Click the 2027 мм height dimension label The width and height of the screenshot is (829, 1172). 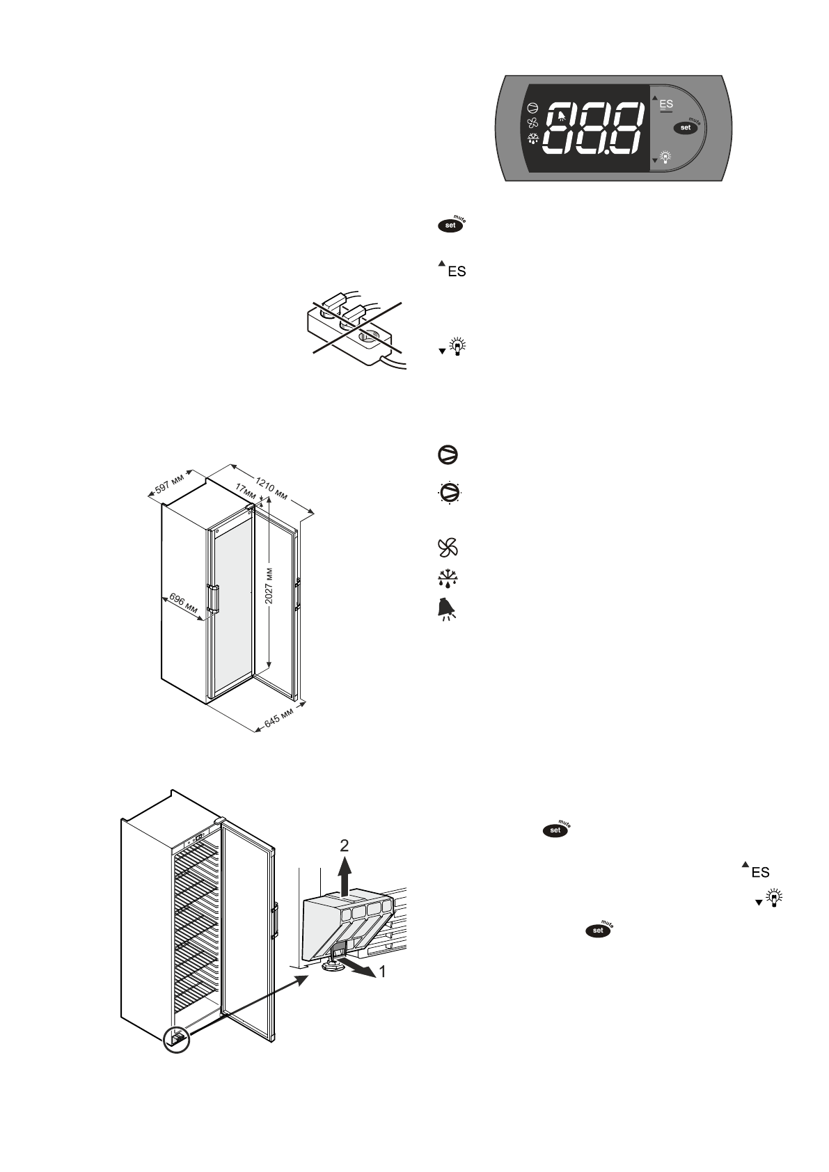(x=269, y=585)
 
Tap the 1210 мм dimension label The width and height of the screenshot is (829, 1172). (x=271, y=487)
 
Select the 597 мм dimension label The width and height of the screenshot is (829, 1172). (x=168, y=486)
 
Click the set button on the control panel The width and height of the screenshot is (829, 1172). (x=686, y=127)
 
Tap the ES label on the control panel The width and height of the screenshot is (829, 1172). (x=666, y=104)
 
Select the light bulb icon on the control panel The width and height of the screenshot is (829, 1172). (x=665, y=157)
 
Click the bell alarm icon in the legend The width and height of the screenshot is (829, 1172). (x=445, y=610)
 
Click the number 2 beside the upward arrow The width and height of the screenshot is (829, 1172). (x=344, y=845)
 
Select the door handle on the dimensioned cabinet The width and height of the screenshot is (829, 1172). (x=213, y=599)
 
